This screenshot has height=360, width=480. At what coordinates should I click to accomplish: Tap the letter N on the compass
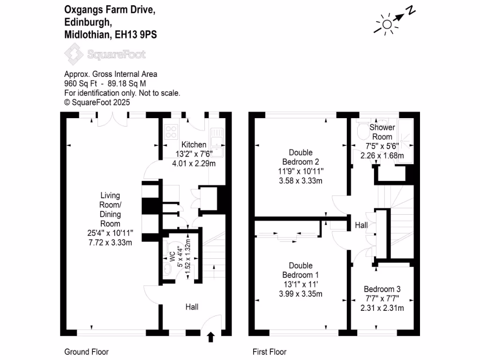[x=411, y=10]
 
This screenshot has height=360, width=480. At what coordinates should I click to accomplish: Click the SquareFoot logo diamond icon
[x=73, y=54]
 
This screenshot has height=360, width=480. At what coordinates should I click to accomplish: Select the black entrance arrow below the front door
[x=210, y=336]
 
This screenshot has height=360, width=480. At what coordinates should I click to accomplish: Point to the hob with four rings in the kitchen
[x=171, y=132]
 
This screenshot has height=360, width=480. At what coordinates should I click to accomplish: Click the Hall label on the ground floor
[x=192, y=307]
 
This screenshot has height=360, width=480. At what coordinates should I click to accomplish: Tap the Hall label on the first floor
[x=361, y=225]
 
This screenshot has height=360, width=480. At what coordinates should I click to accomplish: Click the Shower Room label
[x=382, y=132]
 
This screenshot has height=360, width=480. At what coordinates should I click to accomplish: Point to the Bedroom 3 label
[x=382, y=289]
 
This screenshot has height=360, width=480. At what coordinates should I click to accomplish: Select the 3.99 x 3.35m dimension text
[x=300, y=294]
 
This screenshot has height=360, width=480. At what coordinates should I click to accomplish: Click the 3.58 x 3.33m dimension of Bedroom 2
[x=300, y=180]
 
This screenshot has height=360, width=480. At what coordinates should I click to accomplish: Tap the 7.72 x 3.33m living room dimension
[x=110, y=242]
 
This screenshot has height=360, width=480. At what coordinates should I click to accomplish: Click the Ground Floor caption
[x=86, y=352]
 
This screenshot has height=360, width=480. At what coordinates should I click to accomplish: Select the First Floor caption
[x=269, y=352]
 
